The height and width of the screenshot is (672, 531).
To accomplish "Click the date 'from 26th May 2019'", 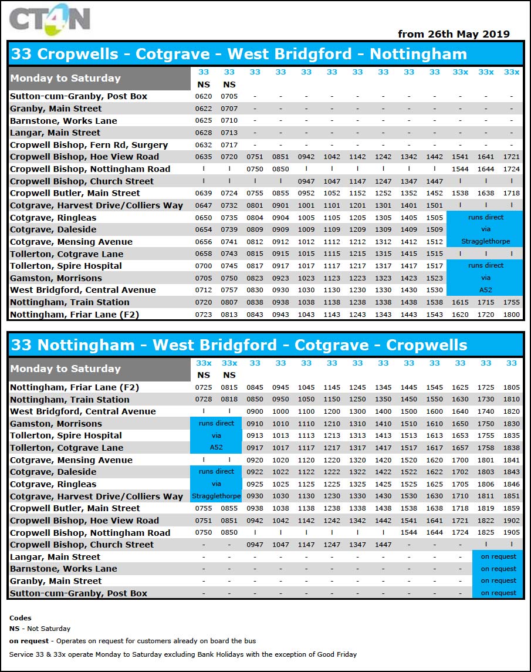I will tap(454, 34).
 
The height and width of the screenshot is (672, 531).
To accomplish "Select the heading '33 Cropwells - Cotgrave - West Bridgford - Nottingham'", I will tap(239, 54).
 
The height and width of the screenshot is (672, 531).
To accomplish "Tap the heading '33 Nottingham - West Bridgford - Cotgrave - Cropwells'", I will tap(239, 345).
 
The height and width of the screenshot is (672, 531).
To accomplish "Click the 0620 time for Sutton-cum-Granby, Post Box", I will tap(204, 96).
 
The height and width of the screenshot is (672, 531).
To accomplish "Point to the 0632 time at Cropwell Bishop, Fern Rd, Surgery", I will tap(204, 145).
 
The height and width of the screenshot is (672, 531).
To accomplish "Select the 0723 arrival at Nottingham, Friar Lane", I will tap(204, 315).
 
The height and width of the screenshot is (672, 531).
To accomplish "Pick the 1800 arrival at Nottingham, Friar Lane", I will tap(512, 315).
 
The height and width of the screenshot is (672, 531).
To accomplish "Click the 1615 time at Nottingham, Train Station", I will tap(460, 302).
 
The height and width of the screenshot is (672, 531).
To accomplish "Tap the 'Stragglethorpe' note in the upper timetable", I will tap(486, 242).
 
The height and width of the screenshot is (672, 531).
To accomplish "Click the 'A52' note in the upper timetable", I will tap(486, 290).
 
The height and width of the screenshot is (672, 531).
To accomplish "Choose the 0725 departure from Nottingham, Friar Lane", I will tap(204, 387).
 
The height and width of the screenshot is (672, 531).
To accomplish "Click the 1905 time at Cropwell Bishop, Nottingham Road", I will tap(512, 533).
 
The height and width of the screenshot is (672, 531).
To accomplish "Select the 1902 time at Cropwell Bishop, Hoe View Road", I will tap(512, 521).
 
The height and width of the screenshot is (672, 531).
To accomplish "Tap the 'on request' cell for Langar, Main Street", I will tap(498, 557).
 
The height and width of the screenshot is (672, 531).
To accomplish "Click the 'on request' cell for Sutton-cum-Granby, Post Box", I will tap(498, 593).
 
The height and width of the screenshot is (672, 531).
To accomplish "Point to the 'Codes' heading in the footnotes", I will tap(21, 618).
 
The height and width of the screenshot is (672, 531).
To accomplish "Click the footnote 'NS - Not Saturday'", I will tap(40, 629).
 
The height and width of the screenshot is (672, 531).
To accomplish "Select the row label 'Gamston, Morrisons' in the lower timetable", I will tap(56, 424).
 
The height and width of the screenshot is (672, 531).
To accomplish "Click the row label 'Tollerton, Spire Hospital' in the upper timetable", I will tap(66, 266).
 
